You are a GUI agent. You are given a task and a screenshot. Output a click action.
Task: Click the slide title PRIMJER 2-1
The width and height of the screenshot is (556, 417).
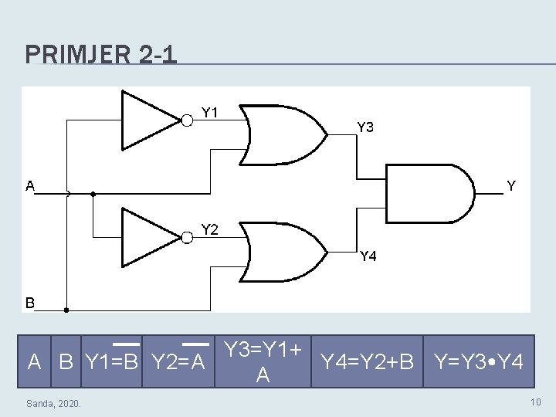pyautogui.click(x=100, y=54)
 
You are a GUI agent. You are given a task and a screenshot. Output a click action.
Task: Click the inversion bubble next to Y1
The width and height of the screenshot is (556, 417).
pyautogui.click(x=188, y=119)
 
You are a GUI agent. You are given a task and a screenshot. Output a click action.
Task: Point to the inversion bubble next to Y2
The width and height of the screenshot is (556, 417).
pyautogui.click(x=188, y=236)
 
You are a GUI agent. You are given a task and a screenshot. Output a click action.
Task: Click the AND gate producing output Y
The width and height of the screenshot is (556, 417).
pyautogui.click(x=429, y=192)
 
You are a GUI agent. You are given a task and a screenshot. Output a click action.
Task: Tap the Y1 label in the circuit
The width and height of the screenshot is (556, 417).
pyautogui.click(x=210, y=112)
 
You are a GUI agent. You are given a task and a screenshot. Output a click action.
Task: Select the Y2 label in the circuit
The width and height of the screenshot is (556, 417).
pyautogui.click(x=210, y=229)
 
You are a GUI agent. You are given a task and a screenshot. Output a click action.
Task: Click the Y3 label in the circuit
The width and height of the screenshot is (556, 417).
pyautogui.click(x=365, y=127)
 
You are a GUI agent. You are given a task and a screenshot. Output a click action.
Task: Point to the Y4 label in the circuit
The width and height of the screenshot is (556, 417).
pyautogui.click(x=368, y=256)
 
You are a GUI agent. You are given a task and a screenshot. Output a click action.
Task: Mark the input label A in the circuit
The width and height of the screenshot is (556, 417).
pyautogui.click(x=30, y=185)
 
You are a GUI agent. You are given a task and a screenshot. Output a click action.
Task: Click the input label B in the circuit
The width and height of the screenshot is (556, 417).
pyautogui.click(x=30, y=303)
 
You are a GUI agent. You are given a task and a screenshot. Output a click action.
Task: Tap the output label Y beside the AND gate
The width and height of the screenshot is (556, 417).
pyautogui.click(x=510, y=185)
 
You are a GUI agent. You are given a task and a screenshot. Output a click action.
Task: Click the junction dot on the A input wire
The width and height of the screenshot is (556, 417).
pyautogui.click(x=92, y=194)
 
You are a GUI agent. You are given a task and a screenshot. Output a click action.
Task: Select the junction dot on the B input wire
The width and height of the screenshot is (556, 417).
pyautogui.click(x=66, y=310)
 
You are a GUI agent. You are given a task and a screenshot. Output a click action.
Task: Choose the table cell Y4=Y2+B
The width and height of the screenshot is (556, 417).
pyautogui.click(x=368, y=360)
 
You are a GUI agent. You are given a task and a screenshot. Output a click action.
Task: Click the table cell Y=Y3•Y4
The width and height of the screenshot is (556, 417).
pyautogui.click(x=480, y=360)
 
